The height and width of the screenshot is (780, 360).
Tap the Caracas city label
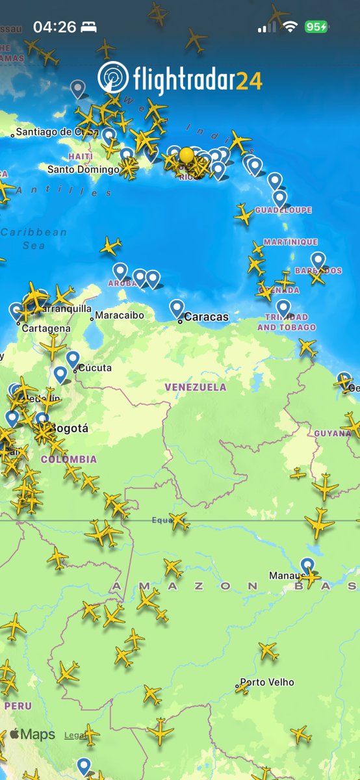(x=206, y=317)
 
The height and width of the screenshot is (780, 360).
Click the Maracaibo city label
(x=119, y=316)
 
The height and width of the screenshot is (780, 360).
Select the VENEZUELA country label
(x=196, y=387)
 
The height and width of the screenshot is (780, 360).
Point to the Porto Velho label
(x=267, y=682)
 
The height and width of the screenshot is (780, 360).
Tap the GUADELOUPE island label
(x=283, y=211)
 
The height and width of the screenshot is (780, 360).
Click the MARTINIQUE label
(x=290, y=242)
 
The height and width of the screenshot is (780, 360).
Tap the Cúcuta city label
(x=94, y=368)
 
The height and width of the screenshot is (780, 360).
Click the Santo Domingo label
(x=83, y=170)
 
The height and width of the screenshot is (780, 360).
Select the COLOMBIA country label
(x=68, y=460)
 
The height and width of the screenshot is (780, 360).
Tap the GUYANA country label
(x=332, y=434)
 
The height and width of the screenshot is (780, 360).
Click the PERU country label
(x=18, y=705)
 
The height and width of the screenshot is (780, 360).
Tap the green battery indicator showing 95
(x=316, y=27)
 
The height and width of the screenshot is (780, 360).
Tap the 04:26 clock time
(x=55, y=27)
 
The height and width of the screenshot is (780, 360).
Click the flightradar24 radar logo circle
(x=113, y=77)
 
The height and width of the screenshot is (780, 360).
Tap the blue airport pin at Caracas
(x=177, y=307)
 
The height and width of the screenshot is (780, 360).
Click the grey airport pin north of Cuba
(x=78, y=88)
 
